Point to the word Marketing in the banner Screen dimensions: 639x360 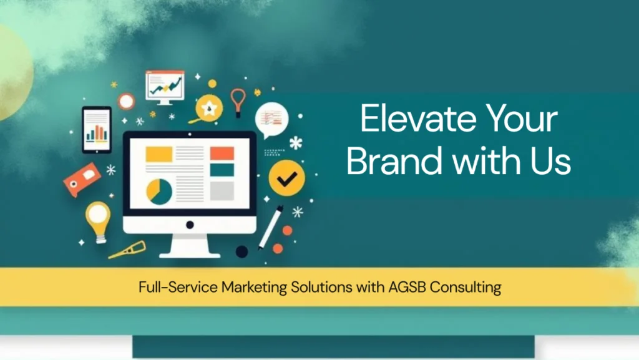pos(255,288)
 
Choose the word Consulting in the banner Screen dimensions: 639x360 pos(466,288)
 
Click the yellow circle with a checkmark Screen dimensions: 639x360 pos(287,178)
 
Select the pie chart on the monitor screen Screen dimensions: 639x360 pos(159,192)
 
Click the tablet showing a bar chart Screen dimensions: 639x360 pos(97,130)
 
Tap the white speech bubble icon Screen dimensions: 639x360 pos(271,120)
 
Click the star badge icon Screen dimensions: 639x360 pos(209,109)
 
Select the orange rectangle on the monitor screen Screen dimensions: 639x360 pos(222,153)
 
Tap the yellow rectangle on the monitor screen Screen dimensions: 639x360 pos(159,154)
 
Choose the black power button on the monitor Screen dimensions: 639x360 pos(190,225)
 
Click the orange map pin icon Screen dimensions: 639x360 pos(238,102)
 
